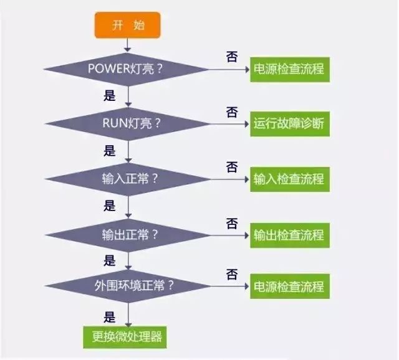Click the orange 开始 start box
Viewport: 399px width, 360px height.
[x=128, y=25]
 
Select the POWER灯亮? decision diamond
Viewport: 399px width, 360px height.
[x=128, y=67]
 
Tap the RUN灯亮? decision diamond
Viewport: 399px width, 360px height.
[x=128, y=123]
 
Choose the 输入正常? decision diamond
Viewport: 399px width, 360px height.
[x=128, y=179]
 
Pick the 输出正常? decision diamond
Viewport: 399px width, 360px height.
[x=128, y=235]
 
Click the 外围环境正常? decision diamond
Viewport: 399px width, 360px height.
[x=128, y=286]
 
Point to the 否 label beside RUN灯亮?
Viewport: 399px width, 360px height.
[x=231, y=113]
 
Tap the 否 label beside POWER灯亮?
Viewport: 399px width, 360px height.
[x=231, y=57]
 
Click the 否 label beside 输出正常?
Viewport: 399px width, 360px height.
[x=231, y=224]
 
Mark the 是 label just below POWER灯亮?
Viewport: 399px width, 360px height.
[x=110, y=97]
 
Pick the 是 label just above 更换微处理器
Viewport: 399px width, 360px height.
[x=110, y=316]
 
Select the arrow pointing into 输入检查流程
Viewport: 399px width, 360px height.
[x=230, y=179]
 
